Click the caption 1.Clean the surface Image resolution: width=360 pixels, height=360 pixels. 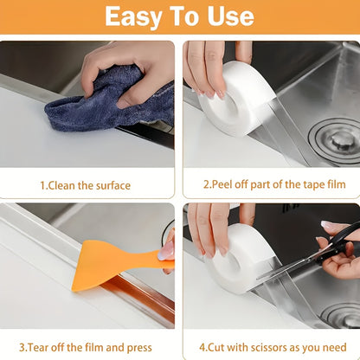85,184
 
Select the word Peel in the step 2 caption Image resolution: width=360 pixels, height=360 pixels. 227,184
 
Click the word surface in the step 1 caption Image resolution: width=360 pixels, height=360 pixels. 112,184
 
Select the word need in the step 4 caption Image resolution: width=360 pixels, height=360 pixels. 335,346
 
